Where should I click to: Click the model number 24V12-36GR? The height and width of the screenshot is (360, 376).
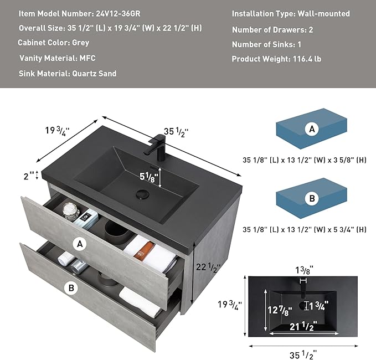point(118,14)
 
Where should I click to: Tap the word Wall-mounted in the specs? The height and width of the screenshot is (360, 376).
point(324,14)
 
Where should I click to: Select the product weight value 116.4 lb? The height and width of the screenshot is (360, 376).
point(307,59)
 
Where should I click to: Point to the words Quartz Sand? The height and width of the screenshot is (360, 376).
point(94,74)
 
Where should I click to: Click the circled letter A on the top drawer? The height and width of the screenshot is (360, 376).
point(80,244)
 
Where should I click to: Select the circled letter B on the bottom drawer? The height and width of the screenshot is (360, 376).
point(71,287)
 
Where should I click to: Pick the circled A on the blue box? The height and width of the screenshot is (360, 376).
point(312,129)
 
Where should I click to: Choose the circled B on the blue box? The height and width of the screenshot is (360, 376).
point(312,198)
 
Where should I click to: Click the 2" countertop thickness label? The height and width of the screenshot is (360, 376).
point(29,176)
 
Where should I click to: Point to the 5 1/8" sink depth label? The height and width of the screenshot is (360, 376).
point(148,177)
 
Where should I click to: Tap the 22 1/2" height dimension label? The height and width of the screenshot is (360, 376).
point(208,267)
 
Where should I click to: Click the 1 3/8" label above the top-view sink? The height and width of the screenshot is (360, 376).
point(304,270)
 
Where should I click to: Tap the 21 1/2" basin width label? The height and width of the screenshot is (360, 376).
point(303,326)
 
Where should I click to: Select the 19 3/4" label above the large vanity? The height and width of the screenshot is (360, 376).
point(57,131)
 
